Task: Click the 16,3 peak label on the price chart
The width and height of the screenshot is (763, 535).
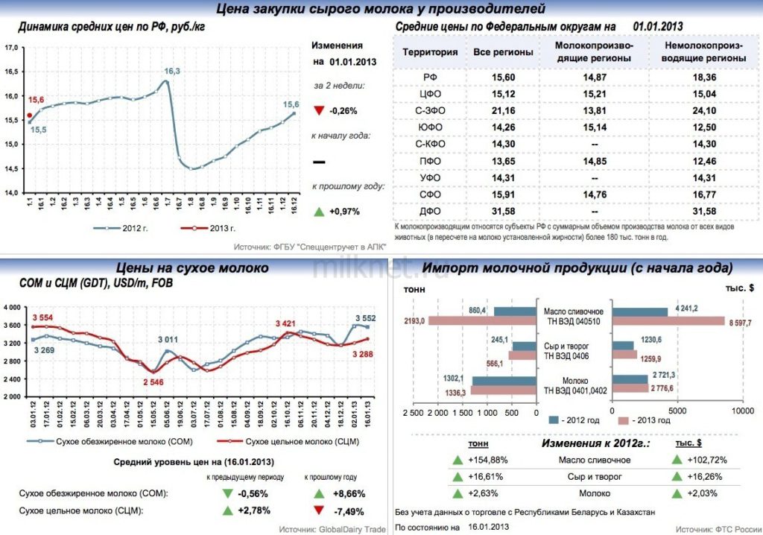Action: click(x=172, y=71)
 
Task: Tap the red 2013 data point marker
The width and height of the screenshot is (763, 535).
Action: click(x=29, y=115)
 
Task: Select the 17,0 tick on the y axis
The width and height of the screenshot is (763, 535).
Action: click(x=11, y=48)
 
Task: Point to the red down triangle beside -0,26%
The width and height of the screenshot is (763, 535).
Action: click(x=319, y=111)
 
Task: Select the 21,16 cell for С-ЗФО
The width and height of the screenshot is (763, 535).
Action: click(x=504, y=111)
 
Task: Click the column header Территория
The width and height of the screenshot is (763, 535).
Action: click(x=430, y=53)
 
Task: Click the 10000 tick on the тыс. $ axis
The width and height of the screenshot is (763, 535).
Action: click(x=741, y=411)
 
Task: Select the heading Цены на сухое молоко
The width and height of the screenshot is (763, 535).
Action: click(x=193, y=267)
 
